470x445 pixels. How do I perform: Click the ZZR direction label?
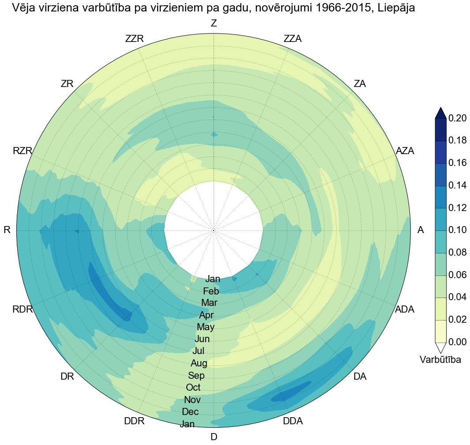[x=135, y=39]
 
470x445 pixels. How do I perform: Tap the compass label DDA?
[x=293, y=421]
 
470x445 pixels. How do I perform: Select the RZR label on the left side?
[x=23, y=151]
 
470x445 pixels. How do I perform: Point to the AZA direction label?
[x=405, y=151]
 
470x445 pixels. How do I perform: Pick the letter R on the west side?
[x=7, y=230]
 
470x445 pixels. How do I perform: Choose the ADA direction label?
[x=405, y=309]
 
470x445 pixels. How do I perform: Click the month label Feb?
[x=211, y=291]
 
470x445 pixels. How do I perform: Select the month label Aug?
[x=199, y=364]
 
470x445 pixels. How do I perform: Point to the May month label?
[x=206, y=328]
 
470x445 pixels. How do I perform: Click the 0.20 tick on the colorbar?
[x=458, y=118]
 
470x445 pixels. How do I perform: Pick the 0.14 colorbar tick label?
[x=458, y=185]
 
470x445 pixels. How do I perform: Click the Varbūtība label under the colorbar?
[x=440, y=360]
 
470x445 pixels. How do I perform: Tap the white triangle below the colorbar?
[x=440, y=347]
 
